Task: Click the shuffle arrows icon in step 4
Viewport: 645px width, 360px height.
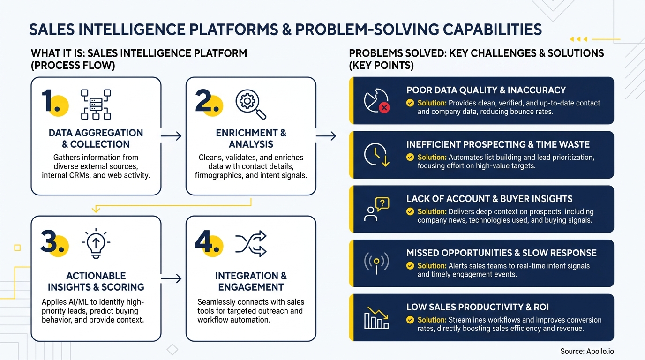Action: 250,243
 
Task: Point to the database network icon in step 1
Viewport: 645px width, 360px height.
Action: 96,104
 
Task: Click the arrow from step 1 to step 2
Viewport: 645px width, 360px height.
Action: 171,136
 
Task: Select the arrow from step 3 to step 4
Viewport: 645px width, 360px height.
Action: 171,279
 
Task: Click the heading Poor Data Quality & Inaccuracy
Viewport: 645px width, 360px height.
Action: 486,90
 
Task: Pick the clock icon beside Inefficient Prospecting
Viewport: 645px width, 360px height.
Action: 376,155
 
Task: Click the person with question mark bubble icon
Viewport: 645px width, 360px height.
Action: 376,210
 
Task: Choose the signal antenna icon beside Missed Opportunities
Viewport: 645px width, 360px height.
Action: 376,263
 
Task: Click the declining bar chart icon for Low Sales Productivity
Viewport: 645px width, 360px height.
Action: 376,318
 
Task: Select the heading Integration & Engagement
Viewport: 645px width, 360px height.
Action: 251,281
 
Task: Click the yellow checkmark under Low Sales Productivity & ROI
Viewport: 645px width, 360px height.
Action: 410,320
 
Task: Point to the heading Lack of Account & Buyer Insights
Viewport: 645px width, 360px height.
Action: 489,199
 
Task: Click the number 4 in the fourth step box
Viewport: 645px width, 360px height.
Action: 204,243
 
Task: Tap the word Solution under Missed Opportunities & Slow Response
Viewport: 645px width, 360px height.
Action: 432,266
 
